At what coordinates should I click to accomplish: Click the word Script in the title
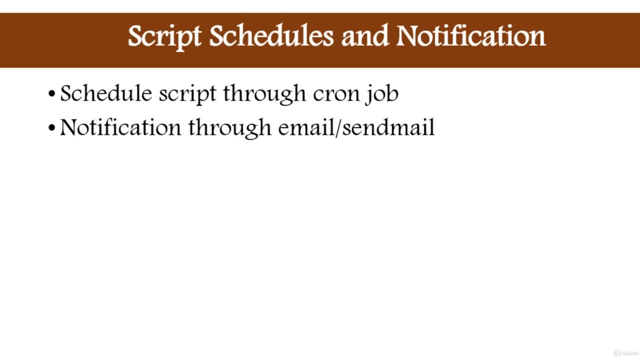164,37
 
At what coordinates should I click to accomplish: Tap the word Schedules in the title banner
271,35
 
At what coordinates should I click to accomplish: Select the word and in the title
365,35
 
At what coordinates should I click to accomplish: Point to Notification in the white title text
471,35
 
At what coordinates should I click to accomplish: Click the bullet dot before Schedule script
51,93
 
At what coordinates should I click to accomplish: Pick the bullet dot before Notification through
51,127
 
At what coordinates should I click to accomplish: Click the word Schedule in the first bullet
106,93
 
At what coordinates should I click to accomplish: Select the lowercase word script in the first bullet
187,95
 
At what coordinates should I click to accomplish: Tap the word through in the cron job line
264,94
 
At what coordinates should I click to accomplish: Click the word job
381,94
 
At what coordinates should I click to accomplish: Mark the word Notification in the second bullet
120,127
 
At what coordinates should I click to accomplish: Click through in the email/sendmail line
229,128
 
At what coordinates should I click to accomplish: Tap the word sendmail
388,127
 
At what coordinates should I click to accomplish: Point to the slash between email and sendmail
338,127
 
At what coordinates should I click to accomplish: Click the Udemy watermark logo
625,353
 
